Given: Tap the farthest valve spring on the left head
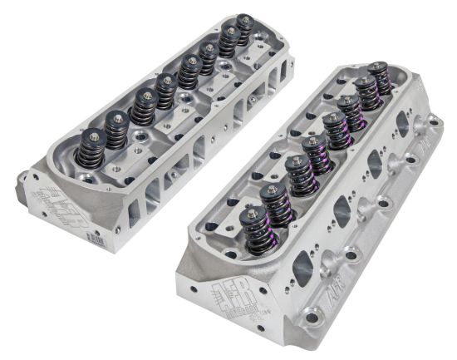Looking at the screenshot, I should (243, 30).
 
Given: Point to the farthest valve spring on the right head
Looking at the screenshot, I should (380, 77).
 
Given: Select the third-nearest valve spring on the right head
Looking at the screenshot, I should (300, 175).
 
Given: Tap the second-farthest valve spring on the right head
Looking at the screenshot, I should (364, 92).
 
